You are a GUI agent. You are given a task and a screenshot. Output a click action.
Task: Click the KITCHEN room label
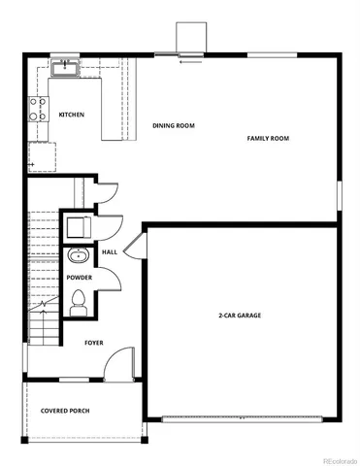pyautogui.click(x=72, y=115)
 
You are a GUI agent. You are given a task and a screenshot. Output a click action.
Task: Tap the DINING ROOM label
pyautogui.click(x=174, y=125)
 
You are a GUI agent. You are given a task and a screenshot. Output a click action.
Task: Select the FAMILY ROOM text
pyautogui.click(x=268, y=138)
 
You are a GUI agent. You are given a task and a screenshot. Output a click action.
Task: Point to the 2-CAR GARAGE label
pyautogui.click(x=239, y=316)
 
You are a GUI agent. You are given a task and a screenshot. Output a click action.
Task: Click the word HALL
pyautogui.click(x=110, y=252)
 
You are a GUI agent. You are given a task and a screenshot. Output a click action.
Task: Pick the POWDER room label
pyautogui.click(x=80, y=278)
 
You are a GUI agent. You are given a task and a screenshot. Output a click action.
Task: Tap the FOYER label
pyautogui.click(x=93, y=343)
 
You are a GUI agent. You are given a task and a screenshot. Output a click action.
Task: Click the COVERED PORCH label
pyautogui.click(x=65, y=411)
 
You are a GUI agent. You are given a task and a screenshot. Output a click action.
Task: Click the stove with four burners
pyautogui.click(x=39, y=110)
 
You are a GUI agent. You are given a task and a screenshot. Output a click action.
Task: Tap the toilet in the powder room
pyautogui.click(x=79, y=307)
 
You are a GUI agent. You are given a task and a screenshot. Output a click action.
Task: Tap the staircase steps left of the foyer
pyautogui.click(x=42, y=277)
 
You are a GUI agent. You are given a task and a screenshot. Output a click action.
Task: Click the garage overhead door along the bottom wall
pyautogui.click(x=243, y=418)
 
